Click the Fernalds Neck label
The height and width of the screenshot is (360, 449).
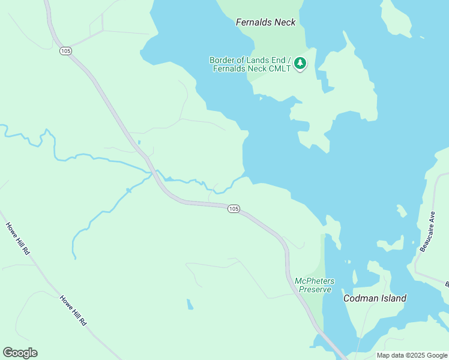pos(266,22)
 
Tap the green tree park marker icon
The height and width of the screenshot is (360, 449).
pos(300,63)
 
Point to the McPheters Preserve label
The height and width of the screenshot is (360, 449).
pos(314,285)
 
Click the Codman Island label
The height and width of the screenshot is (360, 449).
pos(375,298)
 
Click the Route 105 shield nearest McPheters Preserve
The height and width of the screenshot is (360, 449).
pos(234,208)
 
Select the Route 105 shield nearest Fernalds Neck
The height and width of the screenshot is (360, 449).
pos(65,51)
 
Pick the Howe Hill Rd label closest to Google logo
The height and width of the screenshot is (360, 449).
pos(73,310)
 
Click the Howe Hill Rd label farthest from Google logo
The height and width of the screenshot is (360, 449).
pos(18,239)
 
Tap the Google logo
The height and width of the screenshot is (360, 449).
pos(20,352)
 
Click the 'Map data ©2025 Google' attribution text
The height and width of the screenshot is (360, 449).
pos(412,355)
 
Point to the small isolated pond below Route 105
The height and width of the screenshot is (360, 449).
pos(190,304)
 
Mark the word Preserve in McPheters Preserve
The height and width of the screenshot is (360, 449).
pos(315,289)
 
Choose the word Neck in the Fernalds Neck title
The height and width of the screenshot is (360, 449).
pos(285,22)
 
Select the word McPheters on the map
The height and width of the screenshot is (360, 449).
pos(315,281)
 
